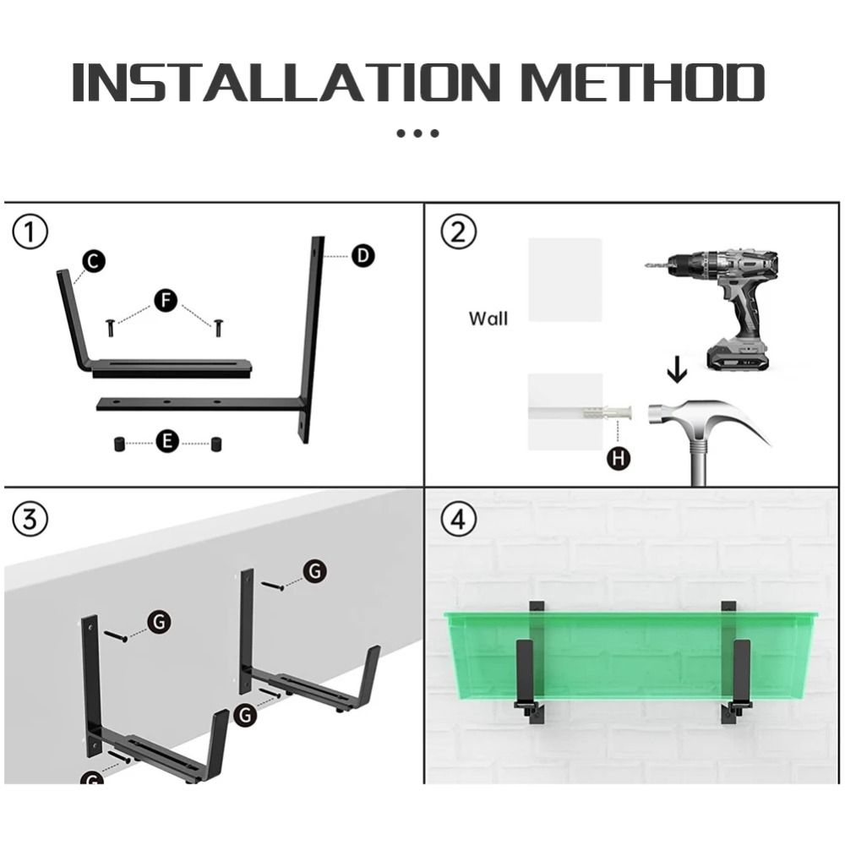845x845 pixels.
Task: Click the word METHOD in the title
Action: (643, 82)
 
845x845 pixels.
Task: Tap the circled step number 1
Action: (30, 232)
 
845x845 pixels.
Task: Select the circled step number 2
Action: (459, 232)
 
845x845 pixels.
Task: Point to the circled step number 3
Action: (30, 520)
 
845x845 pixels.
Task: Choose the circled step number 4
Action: (459, 520)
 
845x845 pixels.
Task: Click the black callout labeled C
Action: (94, 262)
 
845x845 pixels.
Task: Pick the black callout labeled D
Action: (363, 255)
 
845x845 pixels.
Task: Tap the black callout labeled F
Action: (166, 300)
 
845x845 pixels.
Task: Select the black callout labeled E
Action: (167, 441)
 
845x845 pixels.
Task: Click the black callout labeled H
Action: (619, 459)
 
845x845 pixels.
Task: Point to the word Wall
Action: (488, 319)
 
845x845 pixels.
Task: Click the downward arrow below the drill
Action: (678, 372)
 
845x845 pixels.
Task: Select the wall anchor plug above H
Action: (606, 415)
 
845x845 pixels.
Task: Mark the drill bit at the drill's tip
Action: (656, 264)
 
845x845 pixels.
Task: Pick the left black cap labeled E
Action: (119, 444)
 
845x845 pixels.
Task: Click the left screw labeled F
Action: (111, 327)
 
